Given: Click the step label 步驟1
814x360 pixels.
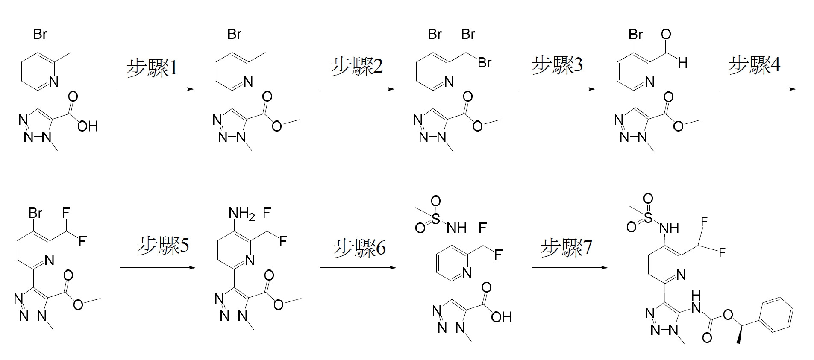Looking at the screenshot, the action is click(x=152, y=68).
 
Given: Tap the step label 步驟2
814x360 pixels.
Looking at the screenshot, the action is click(x=357, y=67).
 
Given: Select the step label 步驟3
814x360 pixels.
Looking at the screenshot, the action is click(x=557, y=65).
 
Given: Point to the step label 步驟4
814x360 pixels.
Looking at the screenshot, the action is click(x=754, y=65).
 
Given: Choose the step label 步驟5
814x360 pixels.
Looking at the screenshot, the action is click(x=163, y=246).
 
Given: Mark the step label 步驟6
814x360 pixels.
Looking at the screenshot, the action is click(x=359, y=248).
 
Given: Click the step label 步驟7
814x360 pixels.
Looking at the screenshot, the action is click(x=566, y=248).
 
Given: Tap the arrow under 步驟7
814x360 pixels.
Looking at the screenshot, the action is click(x=569, y=268).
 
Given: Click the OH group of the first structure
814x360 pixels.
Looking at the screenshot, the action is click(x=87, y=126).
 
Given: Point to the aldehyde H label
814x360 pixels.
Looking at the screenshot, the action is click(x=682, y=63).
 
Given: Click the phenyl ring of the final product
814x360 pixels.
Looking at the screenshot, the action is click(x=777, y=315).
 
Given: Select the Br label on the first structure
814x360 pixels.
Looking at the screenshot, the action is click(x=40, y=34).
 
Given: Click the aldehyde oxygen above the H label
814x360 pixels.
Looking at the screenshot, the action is click(x=666, y=34).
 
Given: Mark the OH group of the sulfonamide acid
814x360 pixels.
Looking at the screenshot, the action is click(x=501, y=317).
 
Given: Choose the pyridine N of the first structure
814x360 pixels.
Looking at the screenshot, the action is click(x=54, y=82).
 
